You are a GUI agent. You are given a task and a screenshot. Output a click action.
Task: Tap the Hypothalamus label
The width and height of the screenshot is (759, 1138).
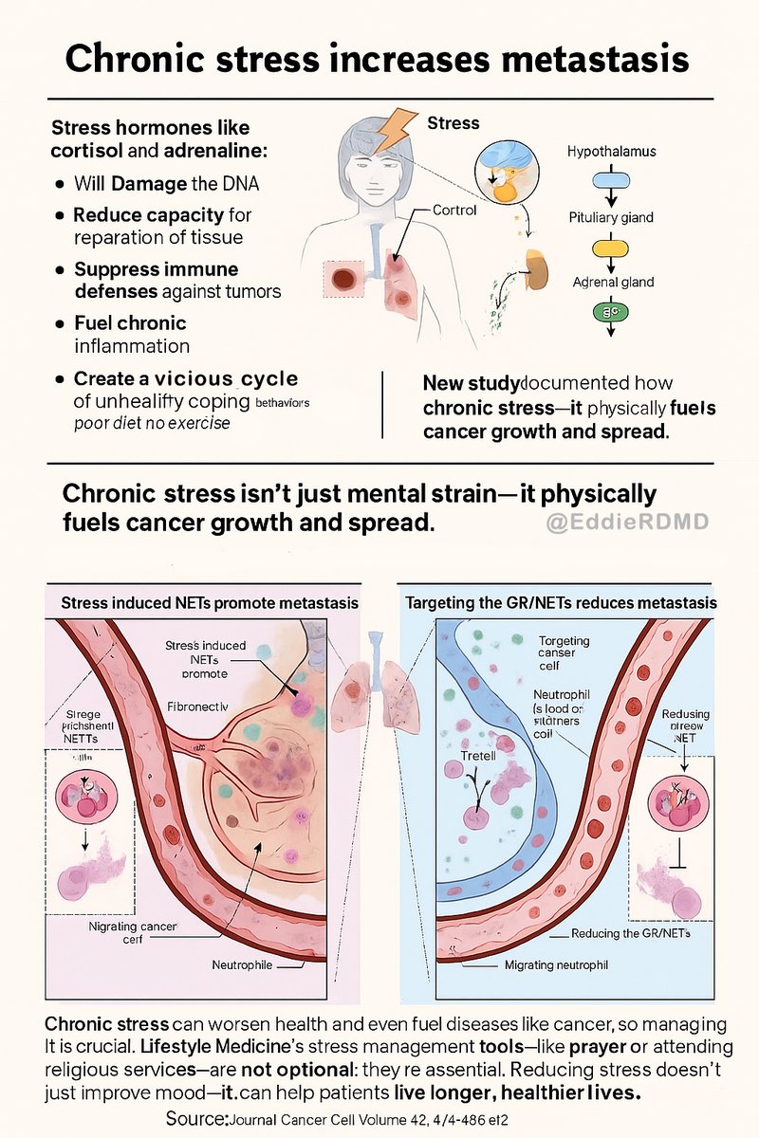[x=611, y=152]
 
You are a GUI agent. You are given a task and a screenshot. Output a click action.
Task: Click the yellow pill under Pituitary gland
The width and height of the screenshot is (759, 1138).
[x=611, y=248]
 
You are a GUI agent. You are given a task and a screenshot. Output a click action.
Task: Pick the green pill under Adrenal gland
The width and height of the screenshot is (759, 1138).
[x=611, y=310]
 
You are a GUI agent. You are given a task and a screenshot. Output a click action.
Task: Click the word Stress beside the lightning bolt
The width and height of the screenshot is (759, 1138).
[x=454, y=123]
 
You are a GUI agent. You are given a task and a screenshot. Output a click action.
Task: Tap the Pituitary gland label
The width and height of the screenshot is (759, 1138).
[x=611, y=217]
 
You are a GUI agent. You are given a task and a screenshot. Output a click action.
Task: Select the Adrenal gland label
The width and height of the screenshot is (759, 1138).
[x=612, y=282]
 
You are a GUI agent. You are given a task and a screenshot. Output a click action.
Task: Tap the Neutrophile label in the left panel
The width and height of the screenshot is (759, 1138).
[x=243, y=965]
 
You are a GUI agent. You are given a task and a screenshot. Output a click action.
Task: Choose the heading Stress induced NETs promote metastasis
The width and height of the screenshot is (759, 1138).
[x=210, y=603]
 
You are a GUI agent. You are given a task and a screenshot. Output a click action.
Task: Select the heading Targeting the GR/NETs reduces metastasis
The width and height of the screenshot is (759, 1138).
[x=561, y=603]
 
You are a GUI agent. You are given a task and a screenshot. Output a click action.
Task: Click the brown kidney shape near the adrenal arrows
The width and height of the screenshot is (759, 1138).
[x=538, y=267]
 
